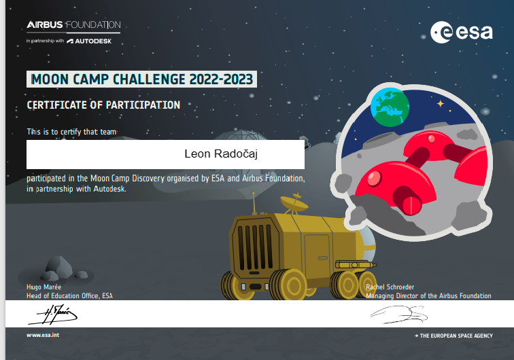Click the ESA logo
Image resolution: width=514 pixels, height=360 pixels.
(462, 32)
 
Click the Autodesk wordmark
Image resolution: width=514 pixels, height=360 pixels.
(89, 41)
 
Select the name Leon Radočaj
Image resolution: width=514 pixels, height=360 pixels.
(221, 154)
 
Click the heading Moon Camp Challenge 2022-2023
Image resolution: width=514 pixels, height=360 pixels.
(141, 79)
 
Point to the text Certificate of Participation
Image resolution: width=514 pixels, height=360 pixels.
(103, 105)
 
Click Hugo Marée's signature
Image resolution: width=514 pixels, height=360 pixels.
(53, 314)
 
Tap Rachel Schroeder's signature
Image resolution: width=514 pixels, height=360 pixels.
(399, 314)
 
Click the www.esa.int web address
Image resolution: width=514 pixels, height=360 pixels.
(43, 335)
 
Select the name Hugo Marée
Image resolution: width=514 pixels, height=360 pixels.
(44, 287)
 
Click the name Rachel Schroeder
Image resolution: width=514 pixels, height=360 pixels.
(390, 287)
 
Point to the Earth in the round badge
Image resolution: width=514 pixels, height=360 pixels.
(390, 107)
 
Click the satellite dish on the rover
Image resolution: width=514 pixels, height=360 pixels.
(294, 203)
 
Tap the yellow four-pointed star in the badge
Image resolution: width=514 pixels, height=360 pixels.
(441, 104)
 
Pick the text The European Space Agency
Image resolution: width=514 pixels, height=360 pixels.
(453, 336)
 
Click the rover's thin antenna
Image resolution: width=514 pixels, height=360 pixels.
(254, 203)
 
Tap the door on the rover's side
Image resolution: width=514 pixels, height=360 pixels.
(317, 256)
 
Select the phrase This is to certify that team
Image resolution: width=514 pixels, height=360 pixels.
(72, 132)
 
